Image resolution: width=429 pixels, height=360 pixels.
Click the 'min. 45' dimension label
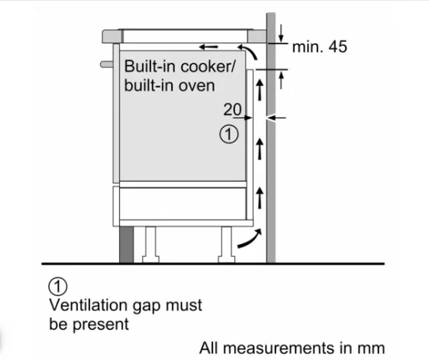coord(320,47)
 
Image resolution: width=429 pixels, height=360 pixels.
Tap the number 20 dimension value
coord(233,109)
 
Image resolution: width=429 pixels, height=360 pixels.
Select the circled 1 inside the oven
coord(229,134)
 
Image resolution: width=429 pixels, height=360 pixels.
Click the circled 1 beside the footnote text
coord(58,287)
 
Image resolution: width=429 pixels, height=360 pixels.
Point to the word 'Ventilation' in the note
coord(89,305)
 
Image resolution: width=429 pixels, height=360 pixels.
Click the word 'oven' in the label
coord(197,85)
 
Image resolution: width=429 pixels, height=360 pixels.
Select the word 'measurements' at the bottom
coord(279,349)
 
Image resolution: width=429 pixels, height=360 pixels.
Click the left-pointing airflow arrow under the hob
coord(208,47)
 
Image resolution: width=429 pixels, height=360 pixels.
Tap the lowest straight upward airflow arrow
coord(260,198)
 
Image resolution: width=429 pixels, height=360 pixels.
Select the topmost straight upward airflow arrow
coord(260,89)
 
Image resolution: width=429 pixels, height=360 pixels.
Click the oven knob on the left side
coord(107,65)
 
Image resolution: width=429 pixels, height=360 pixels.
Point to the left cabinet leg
coord(150,245)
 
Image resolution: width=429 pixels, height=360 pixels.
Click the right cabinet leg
coord(227,245)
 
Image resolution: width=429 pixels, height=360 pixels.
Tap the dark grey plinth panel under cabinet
coord(127,245)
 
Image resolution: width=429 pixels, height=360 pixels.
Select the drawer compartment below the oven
coord(182,204)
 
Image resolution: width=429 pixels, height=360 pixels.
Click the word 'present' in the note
coord(101,325)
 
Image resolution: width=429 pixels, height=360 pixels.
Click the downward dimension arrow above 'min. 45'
coord(281,33)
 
